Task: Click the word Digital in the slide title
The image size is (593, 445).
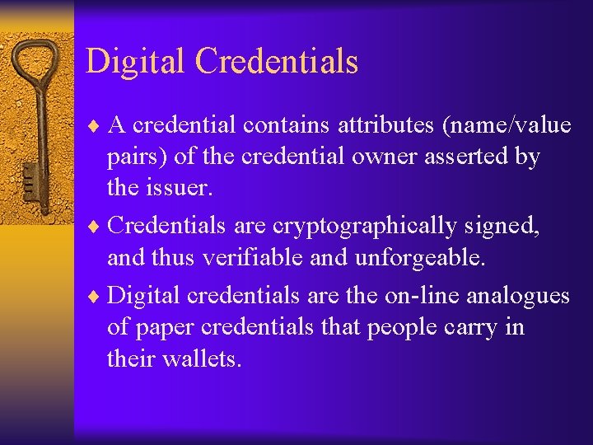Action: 137,61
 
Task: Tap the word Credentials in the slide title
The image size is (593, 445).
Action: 277,61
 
